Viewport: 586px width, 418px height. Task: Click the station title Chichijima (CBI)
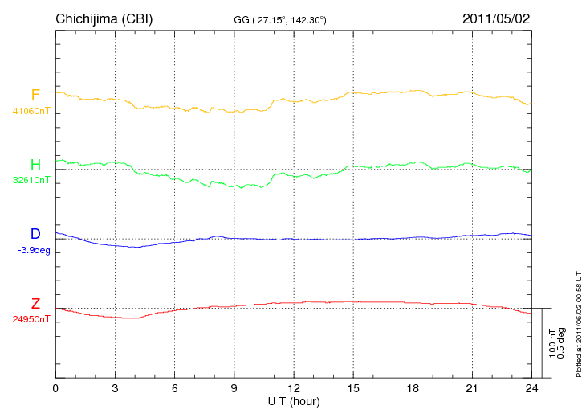104,18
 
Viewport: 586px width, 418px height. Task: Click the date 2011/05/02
496,18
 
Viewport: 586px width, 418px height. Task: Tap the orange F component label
35,95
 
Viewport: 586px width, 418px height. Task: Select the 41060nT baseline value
31,111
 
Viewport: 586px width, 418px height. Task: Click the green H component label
35,165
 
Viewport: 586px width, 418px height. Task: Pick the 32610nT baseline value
31,180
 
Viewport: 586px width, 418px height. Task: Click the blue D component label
35,234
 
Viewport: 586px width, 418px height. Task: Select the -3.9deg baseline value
33,250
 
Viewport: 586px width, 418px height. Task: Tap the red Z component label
35,304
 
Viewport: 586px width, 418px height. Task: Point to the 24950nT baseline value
31,319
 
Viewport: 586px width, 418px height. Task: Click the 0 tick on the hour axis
55,388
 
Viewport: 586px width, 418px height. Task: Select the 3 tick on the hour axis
116,388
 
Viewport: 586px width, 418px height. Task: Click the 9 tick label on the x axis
234,388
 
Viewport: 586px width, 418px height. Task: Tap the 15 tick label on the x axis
353,388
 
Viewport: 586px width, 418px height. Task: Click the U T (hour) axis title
295,400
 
